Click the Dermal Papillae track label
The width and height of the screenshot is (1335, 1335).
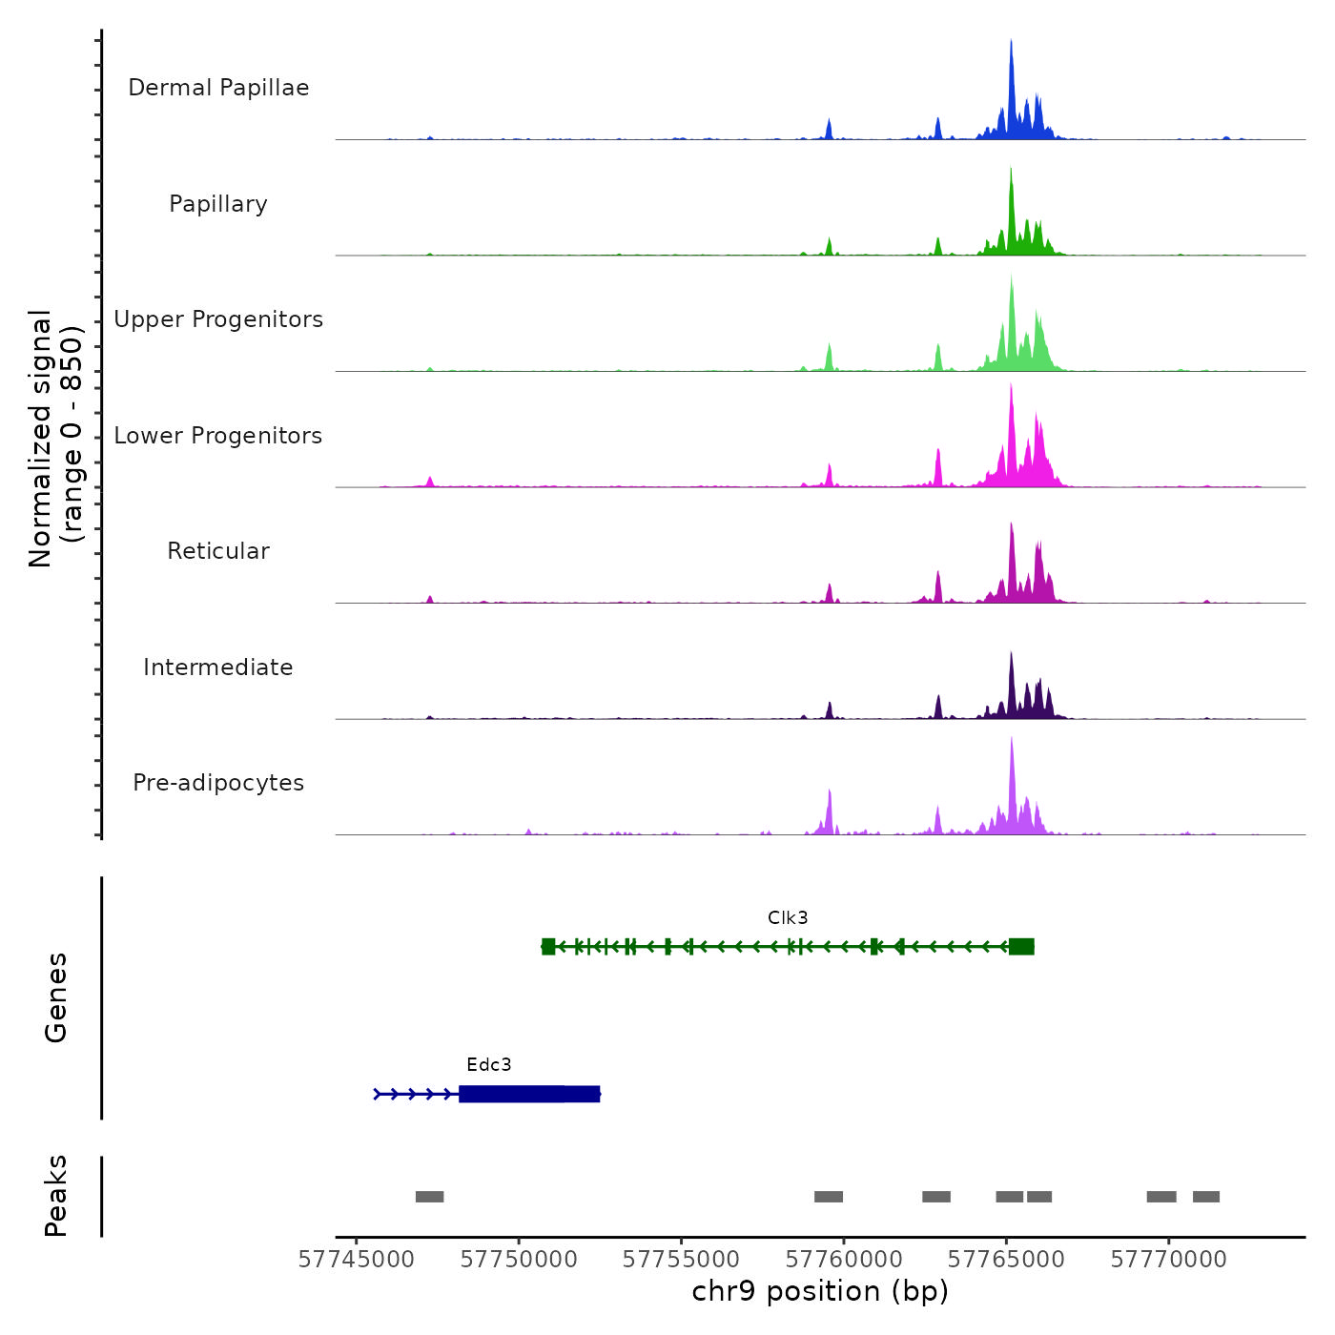point(218,88)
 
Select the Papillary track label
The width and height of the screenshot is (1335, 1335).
point(218,204)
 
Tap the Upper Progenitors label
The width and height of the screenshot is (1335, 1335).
point(218,319)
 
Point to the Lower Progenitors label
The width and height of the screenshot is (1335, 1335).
point(218,436)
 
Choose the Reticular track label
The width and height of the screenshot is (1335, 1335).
point(218,551)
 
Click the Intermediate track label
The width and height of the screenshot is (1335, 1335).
point(218,667)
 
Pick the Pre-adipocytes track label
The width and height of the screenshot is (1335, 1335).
point(218,783)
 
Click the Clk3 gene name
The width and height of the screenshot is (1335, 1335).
point(788,917)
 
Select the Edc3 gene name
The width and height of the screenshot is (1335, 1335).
point(489,1064)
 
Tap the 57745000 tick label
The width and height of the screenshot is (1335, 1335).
point(357,1260)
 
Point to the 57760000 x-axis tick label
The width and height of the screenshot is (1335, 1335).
point(844,1260)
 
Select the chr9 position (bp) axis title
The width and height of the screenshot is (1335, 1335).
point(820,1291)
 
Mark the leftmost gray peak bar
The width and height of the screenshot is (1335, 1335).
point(430,1197)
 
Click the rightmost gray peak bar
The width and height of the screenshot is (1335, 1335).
point(1206,1197)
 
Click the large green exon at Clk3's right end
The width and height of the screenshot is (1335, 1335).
point(1021,946)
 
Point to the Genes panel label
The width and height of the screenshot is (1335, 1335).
point(56,997)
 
